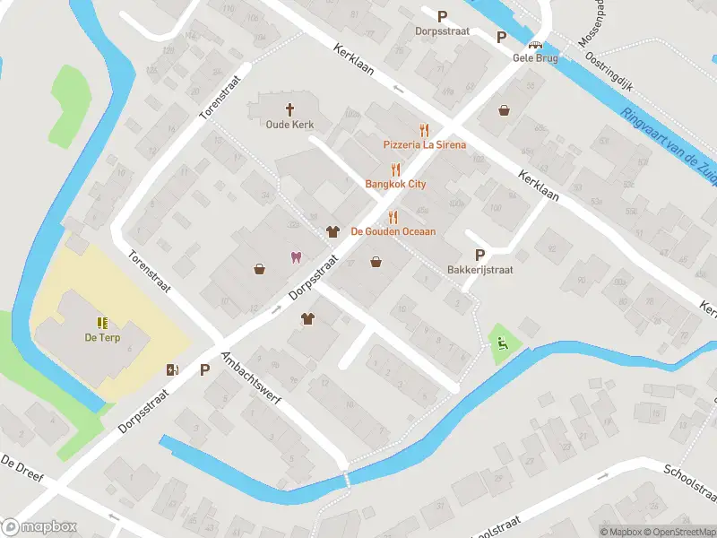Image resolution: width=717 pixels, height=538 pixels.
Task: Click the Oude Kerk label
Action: coord(289,125)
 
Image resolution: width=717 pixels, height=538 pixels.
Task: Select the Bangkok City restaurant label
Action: coord(395,184)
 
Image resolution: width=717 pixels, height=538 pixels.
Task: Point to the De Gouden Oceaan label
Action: coord(393,231)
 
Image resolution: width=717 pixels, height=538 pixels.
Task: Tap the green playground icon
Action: coord(501,343)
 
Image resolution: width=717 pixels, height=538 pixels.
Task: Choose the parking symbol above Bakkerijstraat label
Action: coord(479,255)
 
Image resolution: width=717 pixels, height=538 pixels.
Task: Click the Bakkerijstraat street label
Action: coord(479,269)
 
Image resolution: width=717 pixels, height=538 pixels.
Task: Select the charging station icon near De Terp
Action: coord(172,369)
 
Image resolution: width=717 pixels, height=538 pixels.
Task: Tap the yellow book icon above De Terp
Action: coord(102,323)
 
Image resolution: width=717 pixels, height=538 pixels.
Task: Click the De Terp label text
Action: coord(102,337)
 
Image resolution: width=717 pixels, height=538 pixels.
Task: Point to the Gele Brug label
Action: coord(536,57)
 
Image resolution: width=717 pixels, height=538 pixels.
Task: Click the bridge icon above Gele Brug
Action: coord(536,44)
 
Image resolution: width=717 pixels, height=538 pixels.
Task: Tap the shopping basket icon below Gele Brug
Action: coord(505,110)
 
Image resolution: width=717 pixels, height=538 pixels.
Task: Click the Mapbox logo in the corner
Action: coord(39,526)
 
